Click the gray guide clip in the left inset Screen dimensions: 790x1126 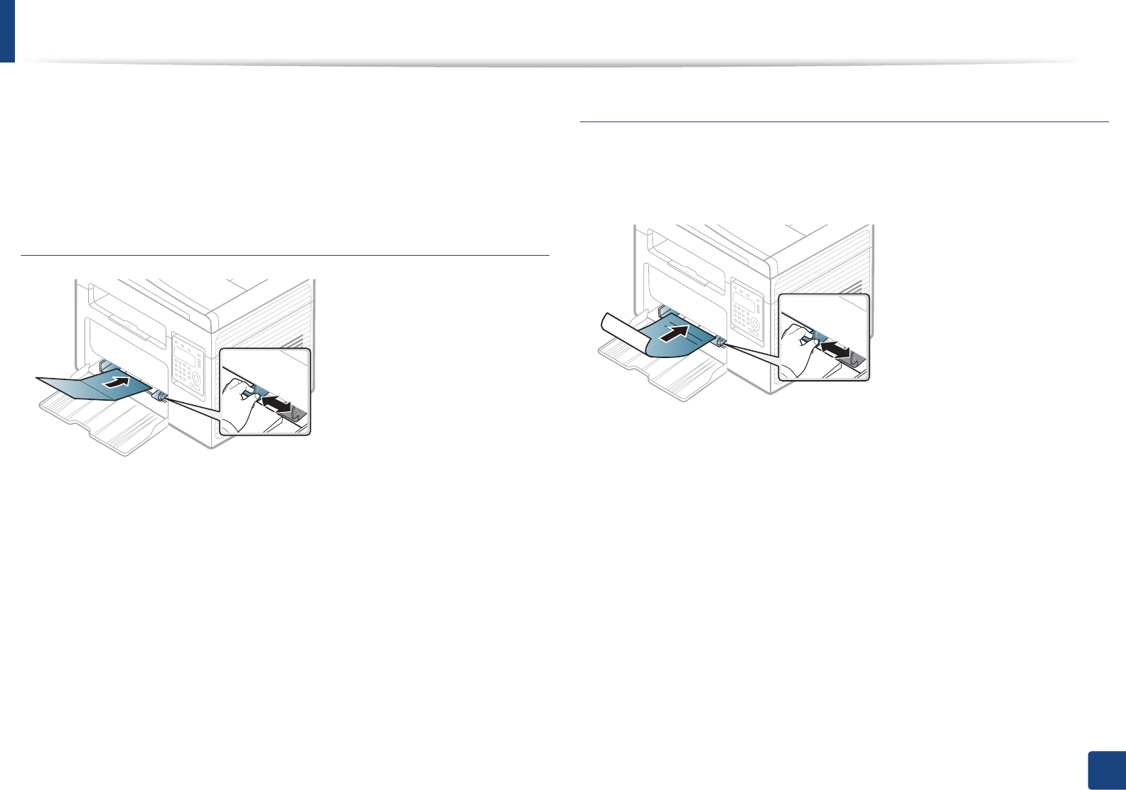299,414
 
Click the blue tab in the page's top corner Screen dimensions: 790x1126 7,31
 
